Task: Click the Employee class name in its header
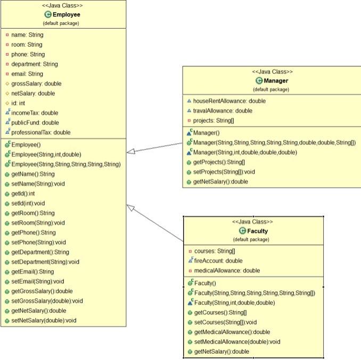tap(67, 14)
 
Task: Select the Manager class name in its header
tap(275, 81)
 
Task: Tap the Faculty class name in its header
tap(257, 231)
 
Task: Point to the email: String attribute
tap(27, 74)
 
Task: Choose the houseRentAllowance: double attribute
tap(229, 101)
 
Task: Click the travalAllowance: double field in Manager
tap(223, 111)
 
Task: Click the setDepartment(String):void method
tap(45, 262)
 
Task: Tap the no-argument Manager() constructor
tap(204, 132)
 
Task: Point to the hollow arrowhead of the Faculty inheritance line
tap(131, 208)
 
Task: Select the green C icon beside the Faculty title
tap(243, 231)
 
